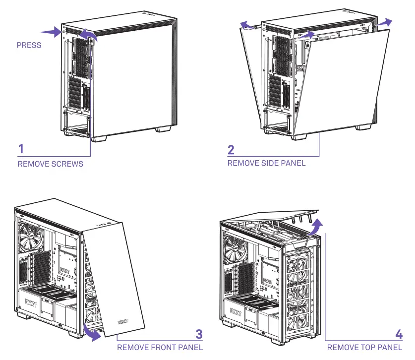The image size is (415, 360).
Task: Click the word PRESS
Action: (x=29, y=45)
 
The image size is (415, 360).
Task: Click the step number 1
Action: (x=21, y=149)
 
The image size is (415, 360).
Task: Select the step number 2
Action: (x=231, y=149)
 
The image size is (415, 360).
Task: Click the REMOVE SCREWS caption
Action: (x=50, y=164)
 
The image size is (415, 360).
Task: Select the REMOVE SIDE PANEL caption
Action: (x=266, y=163)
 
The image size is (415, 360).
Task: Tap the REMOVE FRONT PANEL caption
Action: (x=160, y=348)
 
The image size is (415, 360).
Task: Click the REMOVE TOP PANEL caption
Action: (x=364, y=348)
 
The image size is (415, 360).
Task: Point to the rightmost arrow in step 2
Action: (x=383, y=23)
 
